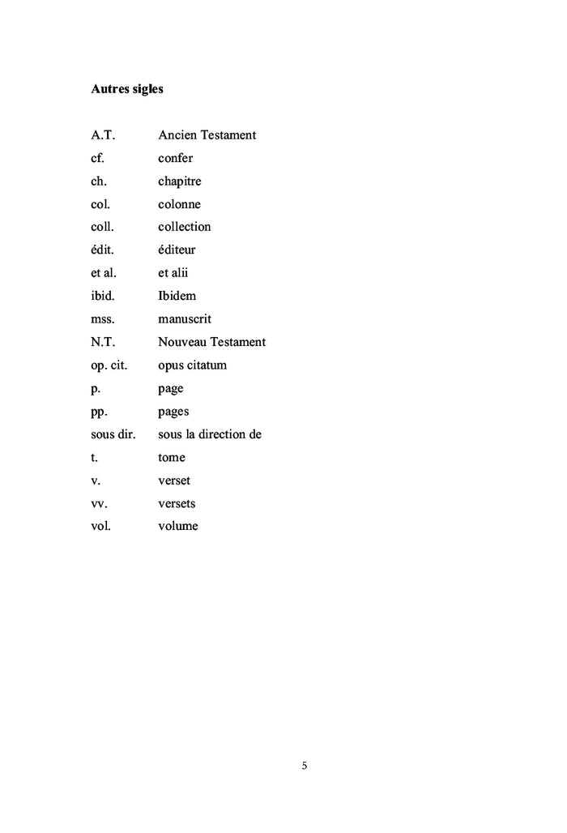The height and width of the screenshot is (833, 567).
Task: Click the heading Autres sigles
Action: coord(126,89)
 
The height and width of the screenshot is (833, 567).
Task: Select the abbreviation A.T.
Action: coord(103,135)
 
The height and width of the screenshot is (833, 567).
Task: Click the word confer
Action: coord(175,158)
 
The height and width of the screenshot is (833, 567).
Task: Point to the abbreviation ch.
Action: coord(99,182)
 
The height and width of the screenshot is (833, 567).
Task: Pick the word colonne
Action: coord(179,204)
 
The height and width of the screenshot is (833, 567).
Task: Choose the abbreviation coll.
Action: coord(102,227)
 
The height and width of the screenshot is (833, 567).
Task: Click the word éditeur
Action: coord(177,250)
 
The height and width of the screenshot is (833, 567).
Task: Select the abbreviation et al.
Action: coord(103,273)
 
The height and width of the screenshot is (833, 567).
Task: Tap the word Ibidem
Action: coord(177,296)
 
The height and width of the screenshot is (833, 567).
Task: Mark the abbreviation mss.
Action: coord(102,319)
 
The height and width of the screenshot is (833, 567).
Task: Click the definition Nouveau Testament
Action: coord(211,342)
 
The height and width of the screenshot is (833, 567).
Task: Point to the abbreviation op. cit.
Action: coord(113,365)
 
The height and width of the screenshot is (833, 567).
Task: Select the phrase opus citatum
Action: coord(192,365)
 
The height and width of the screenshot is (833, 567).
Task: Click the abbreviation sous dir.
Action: coord(113,434)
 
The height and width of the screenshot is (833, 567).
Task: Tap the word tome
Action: coord(172,458)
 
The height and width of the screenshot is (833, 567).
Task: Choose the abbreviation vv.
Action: coord(100,504)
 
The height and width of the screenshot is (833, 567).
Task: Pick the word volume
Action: coord(177,527)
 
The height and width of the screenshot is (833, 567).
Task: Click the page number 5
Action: coord(305,766)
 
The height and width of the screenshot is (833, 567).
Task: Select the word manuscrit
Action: coord(185,319)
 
